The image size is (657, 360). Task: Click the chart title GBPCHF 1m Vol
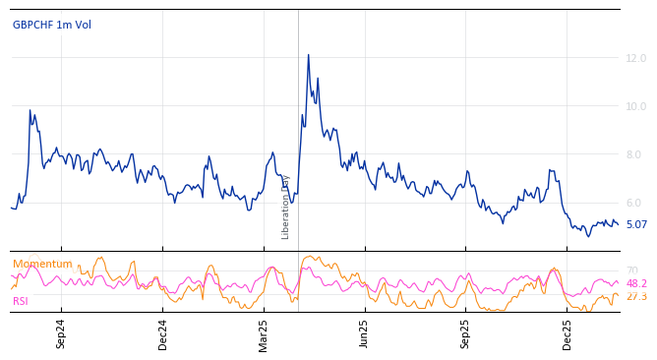pos(52,26)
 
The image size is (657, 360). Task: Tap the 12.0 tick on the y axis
pos(636,59)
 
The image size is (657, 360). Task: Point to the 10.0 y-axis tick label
pos(636,107)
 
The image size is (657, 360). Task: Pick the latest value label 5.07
pos(636,225)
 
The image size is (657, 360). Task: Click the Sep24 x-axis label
pos(61,333)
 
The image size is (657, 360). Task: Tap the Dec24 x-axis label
pos(163,333)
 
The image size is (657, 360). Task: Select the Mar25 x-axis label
pos(264,333)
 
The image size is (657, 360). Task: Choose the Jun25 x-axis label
pos(364,333)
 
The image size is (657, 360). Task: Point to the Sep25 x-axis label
pos(466,333)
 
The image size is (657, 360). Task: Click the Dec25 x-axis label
pos(567,333)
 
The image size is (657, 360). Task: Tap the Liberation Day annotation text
pos(286,208)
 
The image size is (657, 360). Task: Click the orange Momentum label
pos(42,265)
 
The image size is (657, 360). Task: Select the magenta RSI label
pos(21,302)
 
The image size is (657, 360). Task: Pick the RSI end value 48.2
pos(636,284)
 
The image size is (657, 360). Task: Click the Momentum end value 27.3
pos(636,297)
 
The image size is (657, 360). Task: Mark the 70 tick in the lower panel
pos(631,270)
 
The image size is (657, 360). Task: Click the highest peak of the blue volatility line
pos(308,55)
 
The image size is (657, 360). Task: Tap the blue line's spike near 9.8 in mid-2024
pos(30,110)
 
